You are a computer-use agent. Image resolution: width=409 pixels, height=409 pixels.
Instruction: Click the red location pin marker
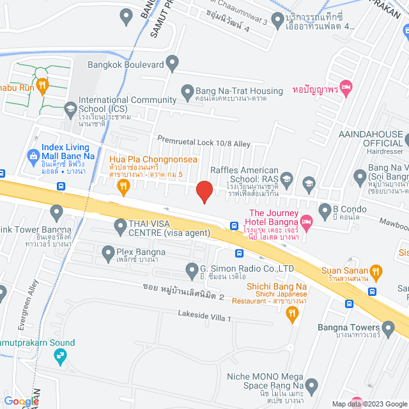[x=204, y=191]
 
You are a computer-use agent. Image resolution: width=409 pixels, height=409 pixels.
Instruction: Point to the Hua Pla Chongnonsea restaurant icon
[x=124, y=186]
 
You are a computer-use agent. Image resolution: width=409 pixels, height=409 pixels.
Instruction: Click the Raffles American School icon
[x=286, y=178]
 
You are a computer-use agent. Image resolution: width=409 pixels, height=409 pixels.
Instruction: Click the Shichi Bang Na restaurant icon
[x=291, y=313]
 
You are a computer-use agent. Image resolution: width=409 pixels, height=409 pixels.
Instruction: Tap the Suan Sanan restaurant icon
[x=376, y=271]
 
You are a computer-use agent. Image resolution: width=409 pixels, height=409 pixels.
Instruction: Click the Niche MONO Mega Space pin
[x=311, y=386]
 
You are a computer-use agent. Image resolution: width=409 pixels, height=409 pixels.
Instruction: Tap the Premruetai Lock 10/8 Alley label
[x=204, y=144]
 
